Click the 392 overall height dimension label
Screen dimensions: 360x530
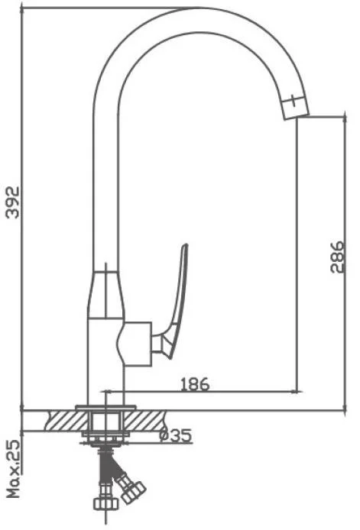(x=13, y=202)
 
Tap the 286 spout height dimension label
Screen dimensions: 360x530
(x=337, y=257)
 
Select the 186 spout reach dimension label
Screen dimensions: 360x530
(x=195, y=384)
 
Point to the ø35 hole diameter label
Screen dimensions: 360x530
(x=176, y=436)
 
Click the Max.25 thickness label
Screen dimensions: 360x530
(x=14, y=468)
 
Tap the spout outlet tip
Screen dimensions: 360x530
(x=297, y=116)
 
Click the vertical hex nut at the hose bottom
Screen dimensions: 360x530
(x=105, y=503)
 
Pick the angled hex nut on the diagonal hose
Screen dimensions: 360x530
(x=133, y=492)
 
